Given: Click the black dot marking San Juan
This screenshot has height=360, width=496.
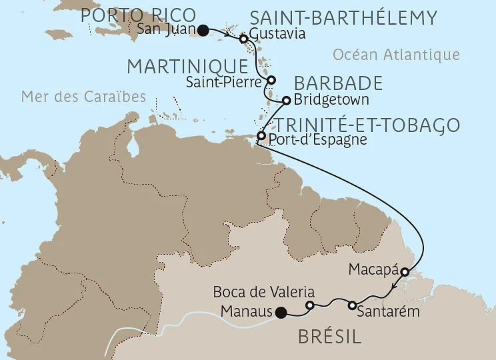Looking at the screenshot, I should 203,29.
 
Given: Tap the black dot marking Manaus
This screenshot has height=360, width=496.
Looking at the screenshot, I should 281,311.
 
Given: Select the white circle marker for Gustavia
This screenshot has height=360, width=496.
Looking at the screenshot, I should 244,39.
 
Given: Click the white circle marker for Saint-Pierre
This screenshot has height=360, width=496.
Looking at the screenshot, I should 271,80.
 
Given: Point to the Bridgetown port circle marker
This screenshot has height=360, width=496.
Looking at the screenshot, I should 286,101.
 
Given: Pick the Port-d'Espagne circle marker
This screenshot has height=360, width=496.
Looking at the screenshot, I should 261,137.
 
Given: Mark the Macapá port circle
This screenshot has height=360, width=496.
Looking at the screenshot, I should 405,272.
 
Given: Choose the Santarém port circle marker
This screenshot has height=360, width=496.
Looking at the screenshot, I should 351,305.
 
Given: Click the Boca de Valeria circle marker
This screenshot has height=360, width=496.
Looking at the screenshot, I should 309,305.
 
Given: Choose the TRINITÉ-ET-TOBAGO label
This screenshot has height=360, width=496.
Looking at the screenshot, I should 367,125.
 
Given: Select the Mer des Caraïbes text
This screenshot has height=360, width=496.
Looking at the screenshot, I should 83,97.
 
